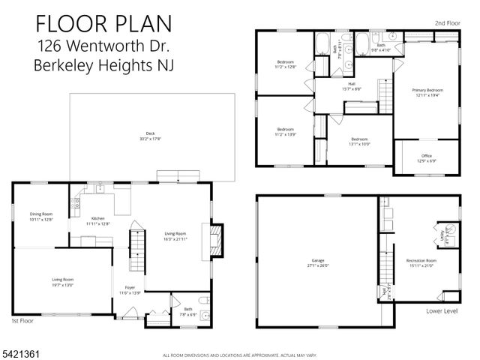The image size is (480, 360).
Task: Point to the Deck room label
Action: (x=150, y=136)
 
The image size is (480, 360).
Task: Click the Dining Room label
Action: (x=41, y=217)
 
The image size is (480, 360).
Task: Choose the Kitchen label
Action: (x=97, y=220)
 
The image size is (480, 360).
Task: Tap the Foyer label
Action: (x=130, y=290)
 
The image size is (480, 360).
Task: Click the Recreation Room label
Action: (x=420, y=263)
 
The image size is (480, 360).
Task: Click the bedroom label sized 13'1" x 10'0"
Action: (x=360, y=141)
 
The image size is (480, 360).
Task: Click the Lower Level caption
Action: (x=442, y=310)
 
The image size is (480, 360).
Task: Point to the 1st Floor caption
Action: (x=24, y=321)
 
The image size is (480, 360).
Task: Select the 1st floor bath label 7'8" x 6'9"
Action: (x=187, y=310)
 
